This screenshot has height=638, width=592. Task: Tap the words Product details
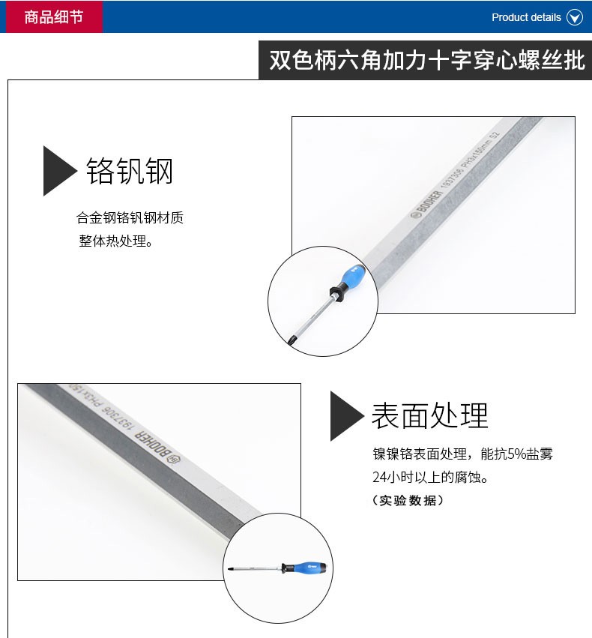[x=526, y=17]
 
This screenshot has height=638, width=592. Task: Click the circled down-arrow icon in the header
[x=575, y=17]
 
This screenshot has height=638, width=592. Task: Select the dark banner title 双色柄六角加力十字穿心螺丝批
[x=426, y=60]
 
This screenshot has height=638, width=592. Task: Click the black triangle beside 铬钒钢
[x=58, y=171]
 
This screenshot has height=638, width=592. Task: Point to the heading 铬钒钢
[x=130, y=171]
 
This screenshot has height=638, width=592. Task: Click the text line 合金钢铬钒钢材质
[x=130, y=217]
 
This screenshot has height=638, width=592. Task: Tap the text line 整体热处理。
[x=116, y=241]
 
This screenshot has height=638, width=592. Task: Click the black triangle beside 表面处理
[x=347, y=416]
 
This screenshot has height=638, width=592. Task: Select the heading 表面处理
[x=430, y=415]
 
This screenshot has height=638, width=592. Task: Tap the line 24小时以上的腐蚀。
[x=430, y=477]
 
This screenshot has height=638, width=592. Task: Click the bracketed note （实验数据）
[x=408, y=500]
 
